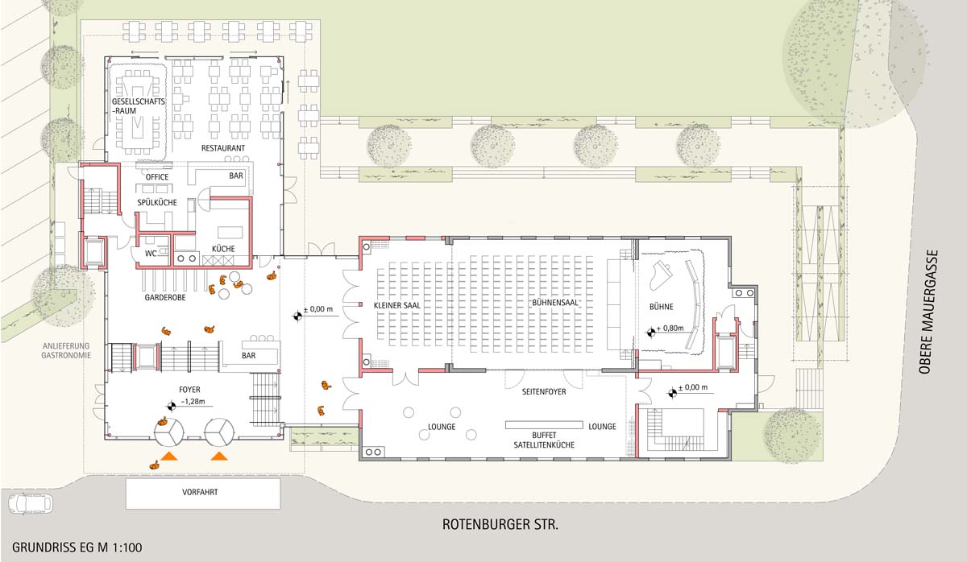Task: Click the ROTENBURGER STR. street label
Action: click(500, 524)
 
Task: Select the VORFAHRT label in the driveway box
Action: click(200, 492)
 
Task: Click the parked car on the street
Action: click(30, 504)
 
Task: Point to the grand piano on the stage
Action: click(661, 275)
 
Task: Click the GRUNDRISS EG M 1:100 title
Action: click(77, 548)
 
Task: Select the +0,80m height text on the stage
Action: click(670, 329)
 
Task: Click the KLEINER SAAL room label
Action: click(396, 306)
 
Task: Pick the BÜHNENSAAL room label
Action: click(554, 303)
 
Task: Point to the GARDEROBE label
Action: click(165, 297)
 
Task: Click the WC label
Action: click(150, 254)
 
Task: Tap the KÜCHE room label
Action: click(223, 249)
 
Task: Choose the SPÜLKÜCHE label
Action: click(157, 202)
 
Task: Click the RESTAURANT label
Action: click(222, 148)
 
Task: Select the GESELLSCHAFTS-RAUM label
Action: click(138, 106)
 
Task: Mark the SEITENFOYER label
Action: click(544, 391)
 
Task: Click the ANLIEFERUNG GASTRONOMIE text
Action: click(66, 351)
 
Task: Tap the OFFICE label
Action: click(156, 177)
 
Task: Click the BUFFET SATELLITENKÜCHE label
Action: click(544, 440)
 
